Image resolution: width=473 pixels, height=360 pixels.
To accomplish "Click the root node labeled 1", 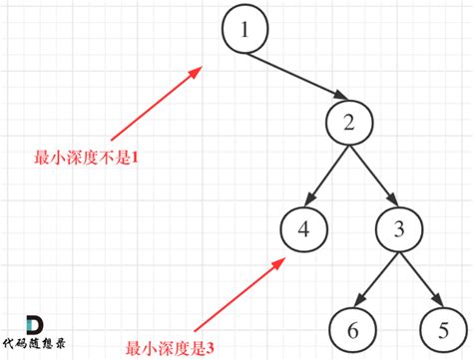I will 244,31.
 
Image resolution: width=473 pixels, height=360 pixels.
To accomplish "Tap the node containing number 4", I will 302,228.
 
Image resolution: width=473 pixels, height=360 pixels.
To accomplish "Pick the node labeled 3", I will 398,228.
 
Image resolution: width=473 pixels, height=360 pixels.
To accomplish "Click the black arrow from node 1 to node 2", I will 296,78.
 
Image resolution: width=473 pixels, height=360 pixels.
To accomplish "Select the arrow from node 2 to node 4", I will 326,177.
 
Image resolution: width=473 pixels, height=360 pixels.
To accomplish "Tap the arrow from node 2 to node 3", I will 373,176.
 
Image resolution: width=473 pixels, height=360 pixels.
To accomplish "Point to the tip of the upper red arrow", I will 202,69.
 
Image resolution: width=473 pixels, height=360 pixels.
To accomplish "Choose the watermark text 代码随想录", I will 40,347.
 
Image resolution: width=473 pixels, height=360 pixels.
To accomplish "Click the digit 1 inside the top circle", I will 244,31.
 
